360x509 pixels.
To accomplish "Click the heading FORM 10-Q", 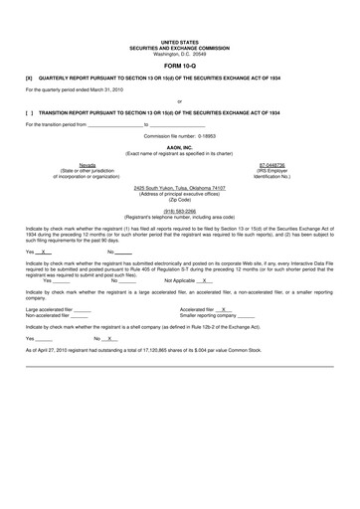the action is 179,66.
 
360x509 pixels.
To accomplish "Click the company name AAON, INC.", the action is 179,145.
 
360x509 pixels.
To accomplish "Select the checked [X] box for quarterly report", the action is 29,78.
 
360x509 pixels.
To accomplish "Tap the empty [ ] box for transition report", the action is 29,113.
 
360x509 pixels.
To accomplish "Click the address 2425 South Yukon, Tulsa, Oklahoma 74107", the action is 179,187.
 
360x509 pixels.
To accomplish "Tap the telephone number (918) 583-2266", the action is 179,211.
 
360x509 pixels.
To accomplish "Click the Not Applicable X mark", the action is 206,280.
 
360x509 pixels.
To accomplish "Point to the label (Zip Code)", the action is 179,199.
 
